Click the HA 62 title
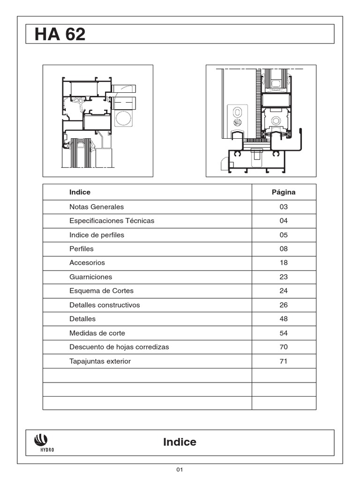(x=60, y=35)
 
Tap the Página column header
(x=284, y=192)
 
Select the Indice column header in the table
(x=80, y=192)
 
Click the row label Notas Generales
(x=97, y=207)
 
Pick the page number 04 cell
(x=284, y=221)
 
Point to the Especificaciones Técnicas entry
(x=112, y=221)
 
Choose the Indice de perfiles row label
(x=97, y=235)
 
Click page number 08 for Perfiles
(x=284, y=249)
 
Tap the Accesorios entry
(x=87, y=263)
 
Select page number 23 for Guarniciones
(x=284, y=277)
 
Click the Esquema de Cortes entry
(x=101, y=291)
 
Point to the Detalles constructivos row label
(x=105, y=305)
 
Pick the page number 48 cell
(x=284, y=319)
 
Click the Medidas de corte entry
(x=97, y=333)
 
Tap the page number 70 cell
(x=284, y=347)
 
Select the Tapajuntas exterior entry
(x=100, y=361)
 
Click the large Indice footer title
(x=180, y=442)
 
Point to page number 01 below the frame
(x=180, y=470)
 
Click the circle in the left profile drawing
(x=124, y=118)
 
